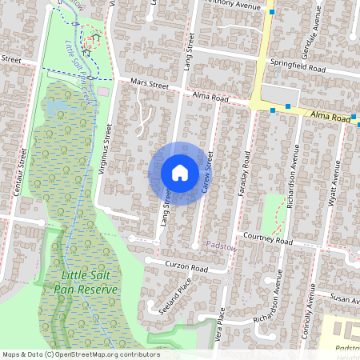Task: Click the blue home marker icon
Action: [180, 173]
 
